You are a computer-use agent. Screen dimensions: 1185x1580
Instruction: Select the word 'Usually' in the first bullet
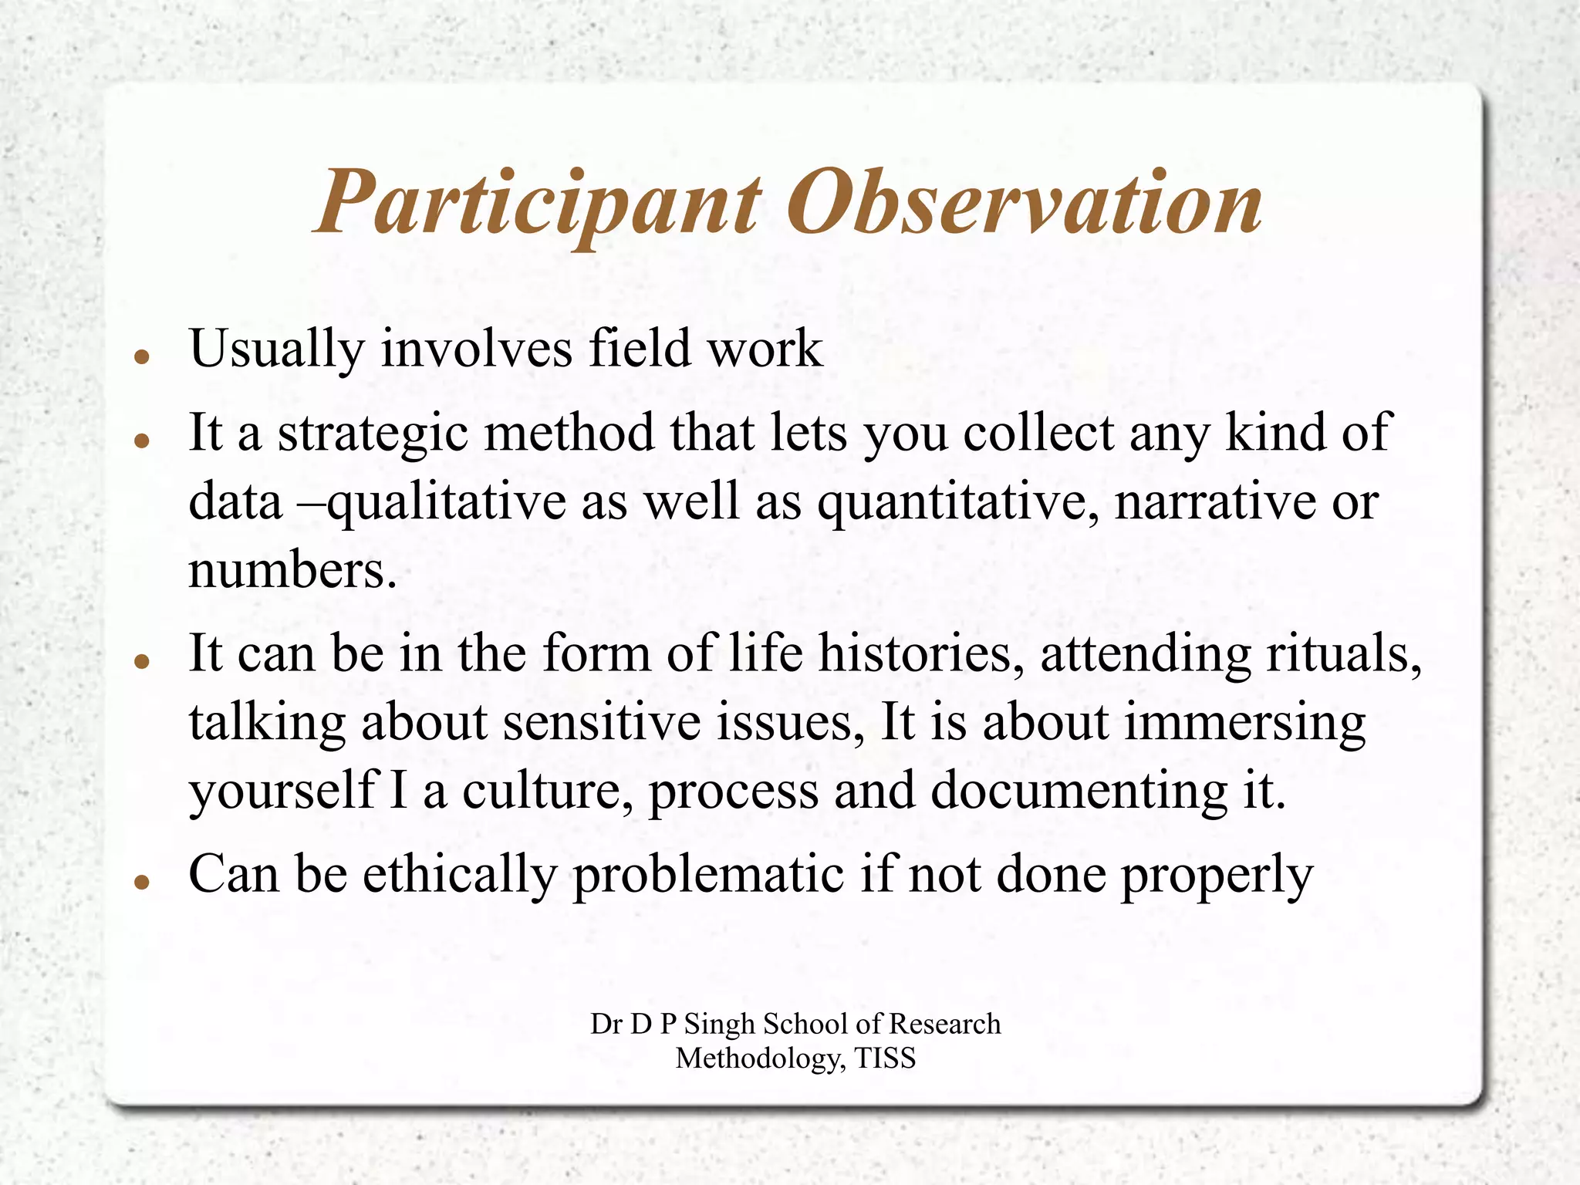pos(276,349)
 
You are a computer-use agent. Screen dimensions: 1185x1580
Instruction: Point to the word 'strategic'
pos(373,434)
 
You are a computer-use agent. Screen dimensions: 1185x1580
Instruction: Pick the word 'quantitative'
pos(957,502)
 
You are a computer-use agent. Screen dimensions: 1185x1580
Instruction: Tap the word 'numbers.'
pos(292,570)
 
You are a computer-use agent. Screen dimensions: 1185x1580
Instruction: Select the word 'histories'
pos(920,653)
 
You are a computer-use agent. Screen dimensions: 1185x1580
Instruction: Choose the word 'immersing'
pos(1244,724)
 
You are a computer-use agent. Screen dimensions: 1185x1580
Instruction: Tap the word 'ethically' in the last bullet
pos(460,875)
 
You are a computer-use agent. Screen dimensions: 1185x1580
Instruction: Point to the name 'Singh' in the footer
pos(720,1024)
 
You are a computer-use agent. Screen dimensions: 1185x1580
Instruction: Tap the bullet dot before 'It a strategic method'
pos(140,441)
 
